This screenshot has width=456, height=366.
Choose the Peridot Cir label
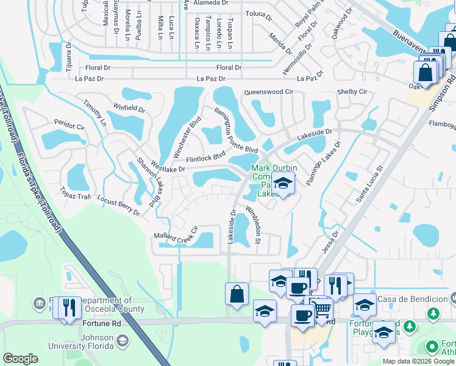click(69, 126)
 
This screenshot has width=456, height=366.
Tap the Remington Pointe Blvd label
click(235, 129)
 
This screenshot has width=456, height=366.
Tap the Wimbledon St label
click(253, 224)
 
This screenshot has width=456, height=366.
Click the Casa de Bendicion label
click(411, 299)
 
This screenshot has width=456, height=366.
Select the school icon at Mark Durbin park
click(282, 183)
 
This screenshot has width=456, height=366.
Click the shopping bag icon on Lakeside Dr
click(237, 294)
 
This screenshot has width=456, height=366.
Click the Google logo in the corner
click(21, 359)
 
